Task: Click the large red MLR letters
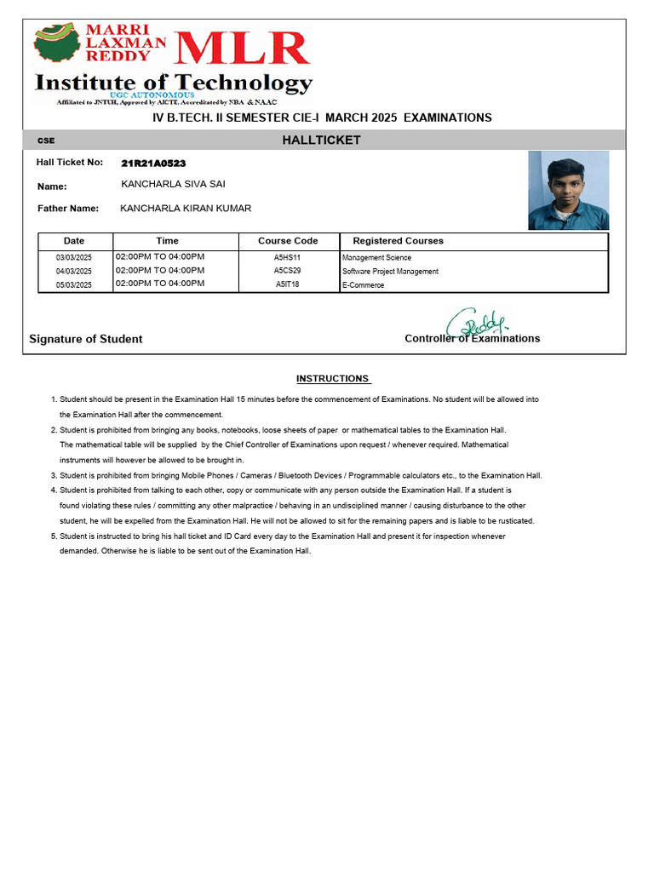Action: pos(242,49)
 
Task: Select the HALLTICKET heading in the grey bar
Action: pos(321,141)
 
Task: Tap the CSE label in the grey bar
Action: pos(46,141)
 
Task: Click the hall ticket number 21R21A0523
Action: pos(153,163)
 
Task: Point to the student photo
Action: pos(568,190)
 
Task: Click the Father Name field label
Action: pos(68,209)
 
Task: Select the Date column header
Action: pos(74,241)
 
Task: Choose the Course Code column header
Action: pos(288,241)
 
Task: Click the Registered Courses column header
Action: pos(398,241)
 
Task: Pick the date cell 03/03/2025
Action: pos(74,257)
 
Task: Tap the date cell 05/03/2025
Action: pos(74,285)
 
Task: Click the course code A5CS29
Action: pos(287,271)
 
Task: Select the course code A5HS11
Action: pos(287,257)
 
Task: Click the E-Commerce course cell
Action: pos(363,285)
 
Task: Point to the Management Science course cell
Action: pos(376,257)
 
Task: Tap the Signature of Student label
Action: pos(86,339)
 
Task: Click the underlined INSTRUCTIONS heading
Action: pos(332,379)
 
